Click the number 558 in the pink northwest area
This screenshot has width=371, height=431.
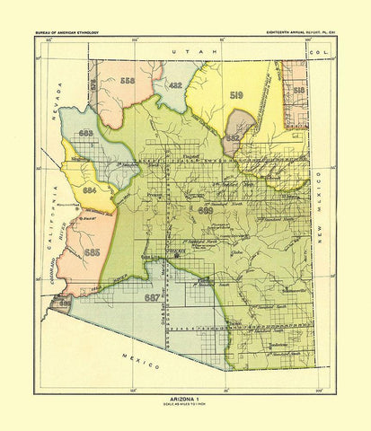(128, 81)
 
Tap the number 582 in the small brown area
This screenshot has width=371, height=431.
(233, 138)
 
